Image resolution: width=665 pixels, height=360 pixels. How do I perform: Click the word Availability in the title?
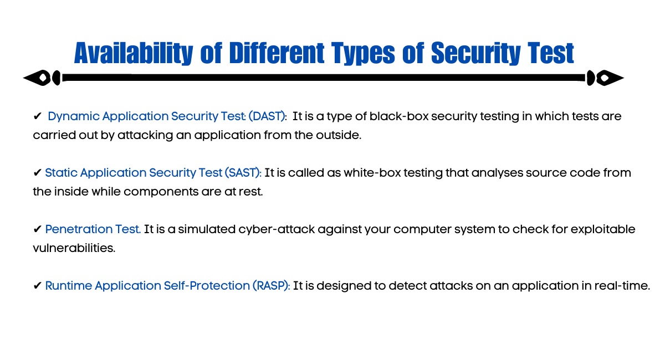click(134, 53)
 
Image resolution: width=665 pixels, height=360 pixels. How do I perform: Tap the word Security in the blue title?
click(475, 53)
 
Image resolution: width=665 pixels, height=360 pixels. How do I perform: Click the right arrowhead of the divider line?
click(610, 78)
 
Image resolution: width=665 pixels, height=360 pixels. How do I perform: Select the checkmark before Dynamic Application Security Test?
click(37, 116)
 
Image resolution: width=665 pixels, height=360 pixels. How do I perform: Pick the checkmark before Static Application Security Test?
click(37, 172)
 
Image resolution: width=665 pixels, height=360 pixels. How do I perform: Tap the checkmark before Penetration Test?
click(37, 229)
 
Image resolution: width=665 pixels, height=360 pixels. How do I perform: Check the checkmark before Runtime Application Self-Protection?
click(37, 285)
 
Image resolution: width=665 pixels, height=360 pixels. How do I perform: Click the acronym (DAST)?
click(267, 116)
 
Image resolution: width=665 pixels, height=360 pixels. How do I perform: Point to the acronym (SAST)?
click(243, 173)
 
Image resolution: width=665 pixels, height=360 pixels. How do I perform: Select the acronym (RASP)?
click(271, 286)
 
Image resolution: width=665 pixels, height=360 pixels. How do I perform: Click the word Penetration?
click(79, 229)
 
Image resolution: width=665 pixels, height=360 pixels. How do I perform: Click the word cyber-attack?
click(277, 229)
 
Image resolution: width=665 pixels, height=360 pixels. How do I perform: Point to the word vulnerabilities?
click(74, 248)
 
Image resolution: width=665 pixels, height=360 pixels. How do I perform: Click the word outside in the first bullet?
click(339, 135)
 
